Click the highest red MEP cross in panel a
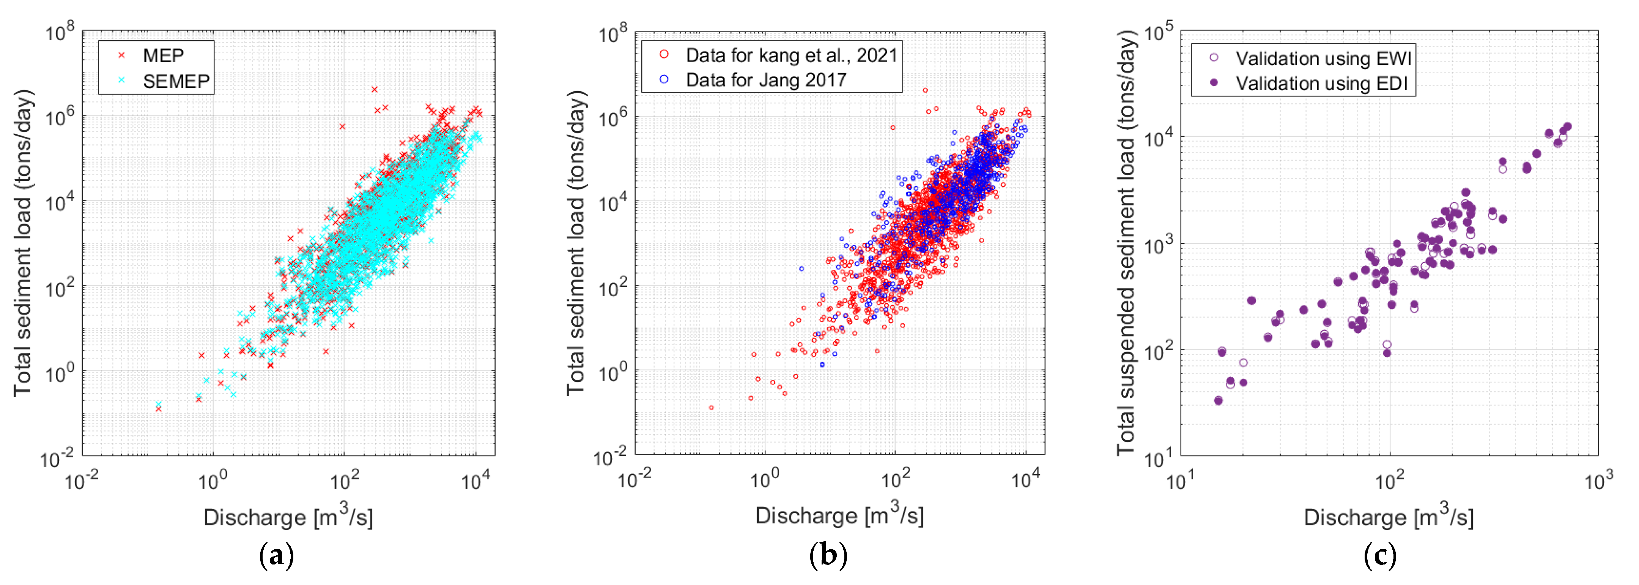375,90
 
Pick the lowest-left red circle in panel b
711,407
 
